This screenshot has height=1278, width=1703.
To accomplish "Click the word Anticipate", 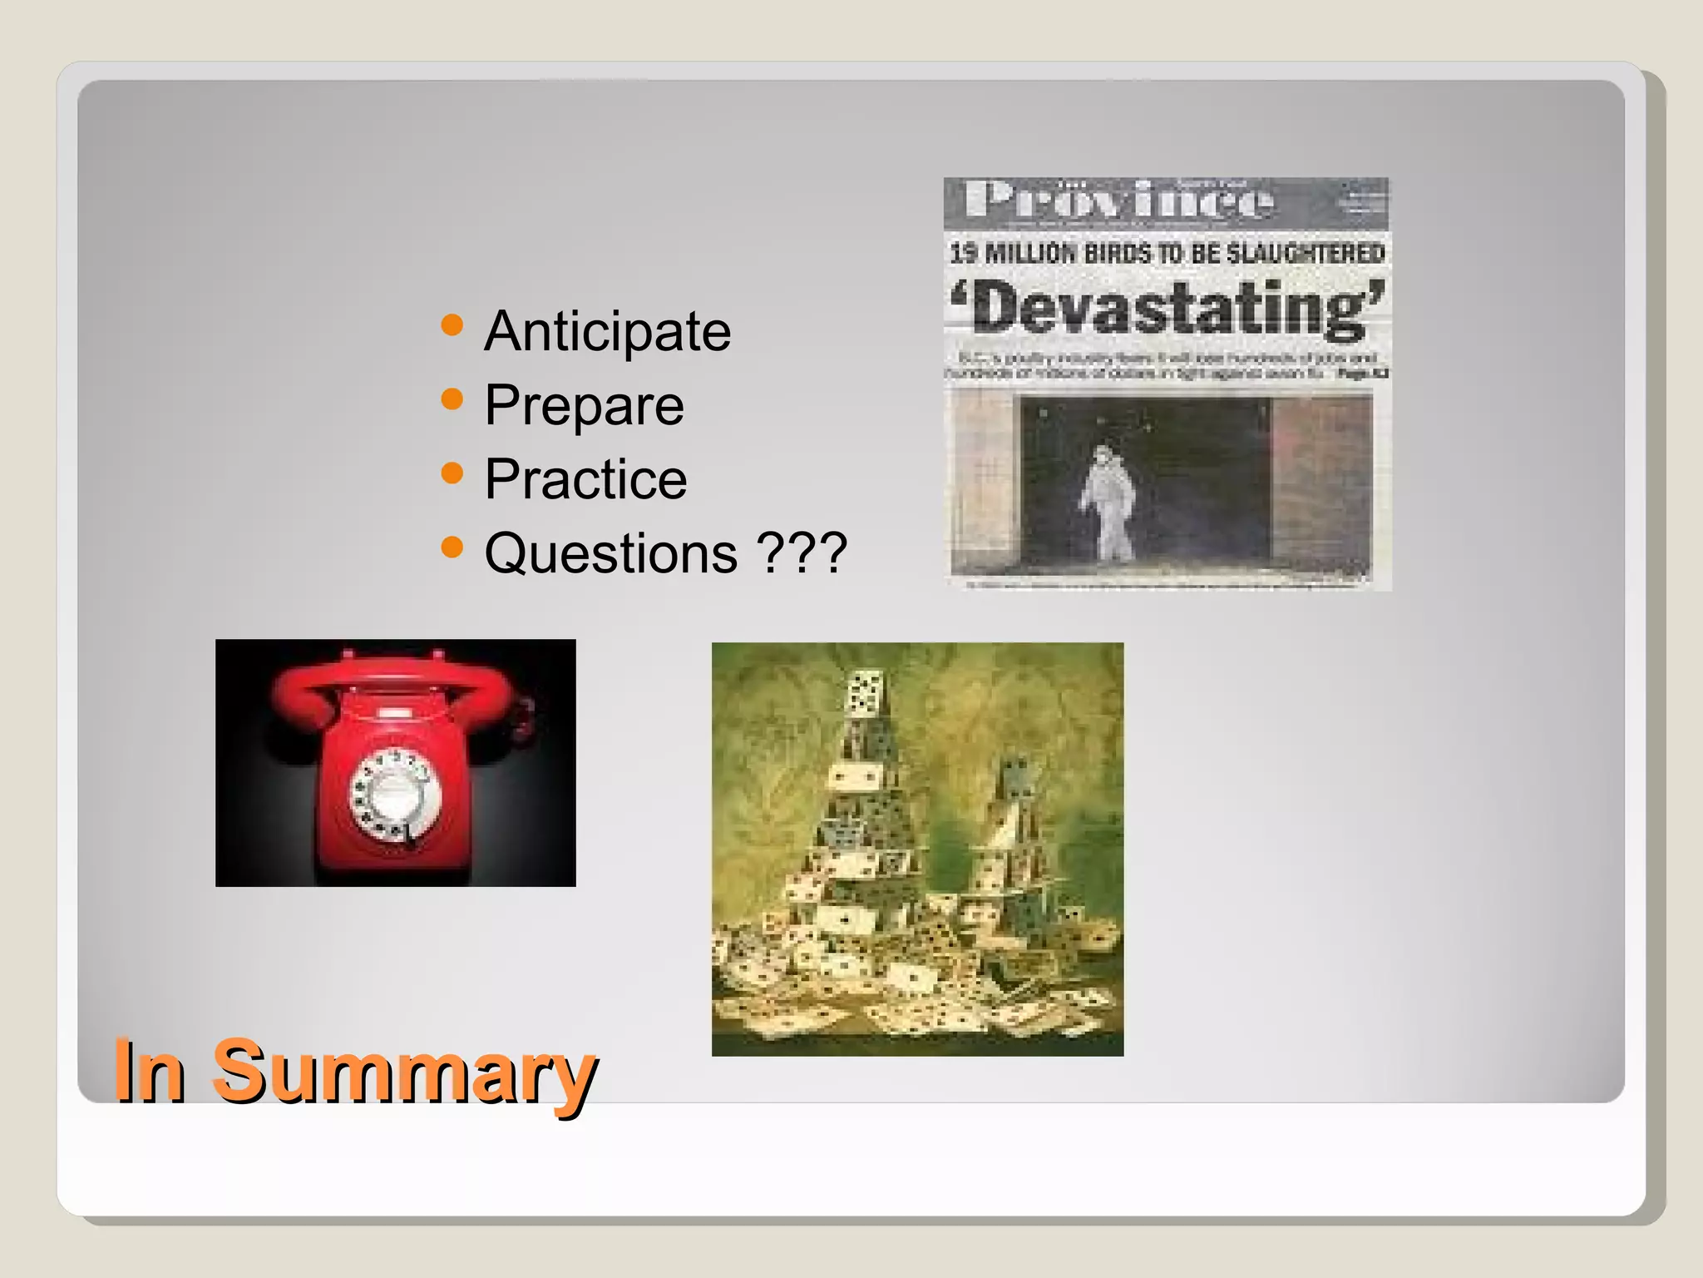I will tap(607, 332).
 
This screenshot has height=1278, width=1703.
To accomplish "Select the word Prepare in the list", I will tap(584, 405).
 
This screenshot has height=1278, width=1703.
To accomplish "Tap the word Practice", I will tap(585, 479).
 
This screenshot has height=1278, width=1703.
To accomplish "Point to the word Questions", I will tap(610, 553).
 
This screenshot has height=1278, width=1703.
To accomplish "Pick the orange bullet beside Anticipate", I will tap(452, 324).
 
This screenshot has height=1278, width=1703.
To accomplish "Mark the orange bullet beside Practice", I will tap(452, 473).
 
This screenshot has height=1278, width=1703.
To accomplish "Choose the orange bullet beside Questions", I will tap(452, 547).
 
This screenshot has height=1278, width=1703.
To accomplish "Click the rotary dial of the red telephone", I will tap(389, 796).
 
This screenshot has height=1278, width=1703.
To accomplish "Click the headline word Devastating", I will tap(1168, 308).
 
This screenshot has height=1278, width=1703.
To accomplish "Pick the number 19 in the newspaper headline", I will tap(964, 253).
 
